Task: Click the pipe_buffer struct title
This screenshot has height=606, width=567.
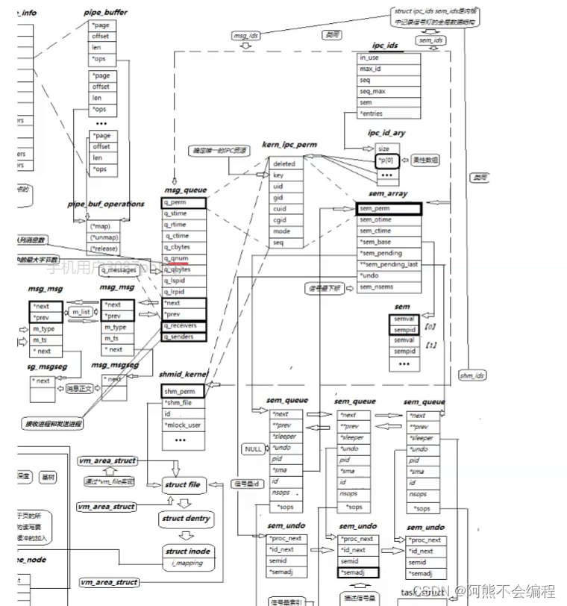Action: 105,13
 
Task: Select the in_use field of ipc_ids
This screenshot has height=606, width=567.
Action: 369,57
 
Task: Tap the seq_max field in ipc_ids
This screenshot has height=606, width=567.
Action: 372,91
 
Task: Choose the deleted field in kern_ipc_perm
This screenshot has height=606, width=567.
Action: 284,163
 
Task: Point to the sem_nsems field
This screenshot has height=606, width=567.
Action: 376,287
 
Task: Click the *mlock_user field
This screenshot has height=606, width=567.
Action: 183,425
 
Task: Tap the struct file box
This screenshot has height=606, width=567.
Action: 182,485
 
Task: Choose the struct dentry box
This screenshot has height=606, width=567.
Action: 186,518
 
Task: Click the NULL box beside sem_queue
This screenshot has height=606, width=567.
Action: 253,449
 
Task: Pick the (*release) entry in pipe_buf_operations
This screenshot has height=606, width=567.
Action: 103,249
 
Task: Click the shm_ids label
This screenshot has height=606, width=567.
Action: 472,375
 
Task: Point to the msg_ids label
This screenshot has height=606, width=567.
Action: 246,35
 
